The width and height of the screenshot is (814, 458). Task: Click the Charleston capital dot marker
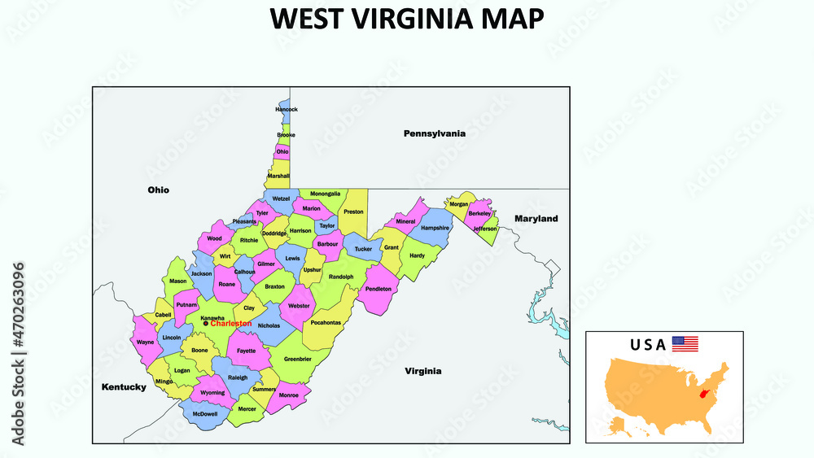(x=206, y=324)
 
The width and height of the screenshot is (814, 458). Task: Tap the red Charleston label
(x=231, y=324)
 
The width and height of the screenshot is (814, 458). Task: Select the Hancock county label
(x=287, y=109)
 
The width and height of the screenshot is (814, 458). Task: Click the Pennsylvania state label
(x=435, y=133)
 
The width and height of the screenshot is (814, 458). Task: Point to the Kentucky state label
(x=123, y=387)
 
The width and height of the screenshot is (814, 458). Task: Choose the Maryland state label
(x=536, y=219)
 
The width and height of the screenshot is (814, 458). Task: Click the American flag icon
(x=685, y=344)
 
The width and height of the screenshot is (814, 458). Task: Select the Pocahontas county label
(x=326, y=322)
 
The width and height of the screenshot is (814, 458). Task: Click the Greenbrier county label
(x=297, y=359)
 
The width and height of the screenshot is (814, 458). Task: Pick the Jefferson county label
(x=484, y=229)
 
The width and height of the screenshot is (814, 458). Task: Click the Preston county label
(x=353, y=212)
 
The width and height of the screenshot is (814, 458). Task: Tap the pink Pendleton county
(x=379, y=289)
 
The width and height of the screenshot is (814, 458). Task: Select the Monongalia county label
(x=325, y=194)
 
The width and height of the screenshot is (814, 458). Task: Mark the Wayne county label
(x=145, y=342)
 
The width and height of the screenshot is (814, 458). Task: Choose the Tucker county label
(x=363, y=249)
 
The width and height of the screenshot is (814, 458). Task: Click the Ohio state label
(x=158, y=190)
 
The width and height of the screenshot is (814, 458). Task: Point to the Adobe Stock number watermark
(x=18, y=354)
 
